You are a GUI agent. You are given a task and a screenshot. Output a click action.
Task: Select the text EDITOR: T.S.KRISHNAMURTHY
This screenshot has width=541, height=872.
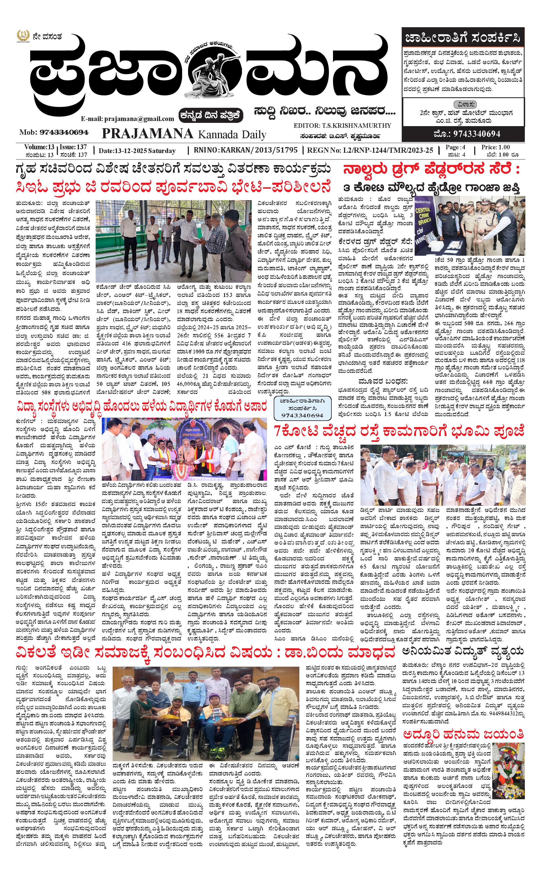point(342,126)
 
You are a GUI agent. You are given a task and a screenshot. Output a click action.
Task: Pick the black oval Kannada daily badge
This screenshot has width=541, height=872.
point(211,115)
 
